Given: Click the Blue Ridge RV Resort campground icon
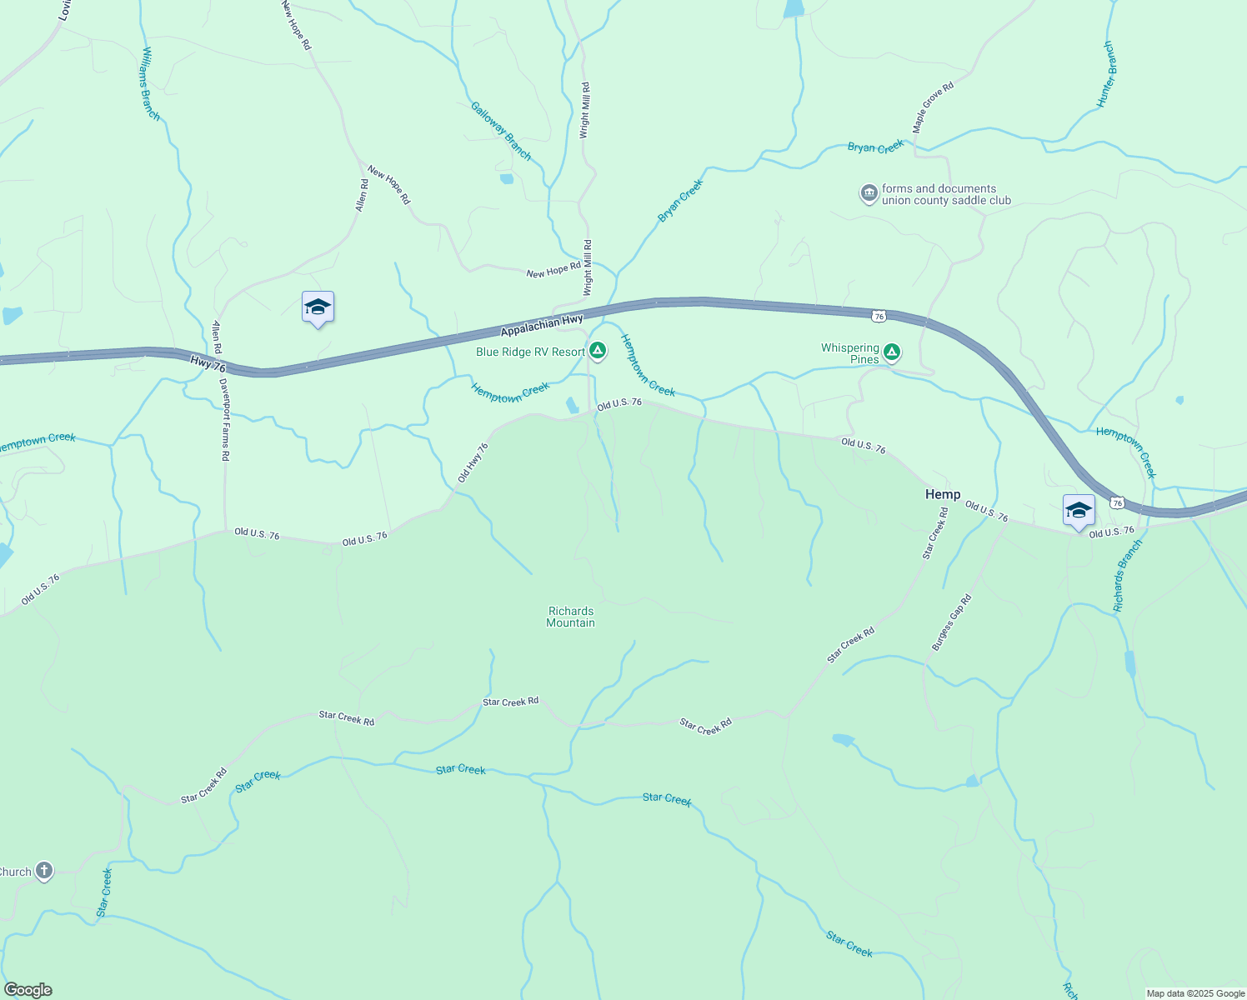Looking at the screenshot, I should pos(598,350).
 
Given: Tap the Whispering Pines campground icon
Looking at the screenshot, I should pos(892,352).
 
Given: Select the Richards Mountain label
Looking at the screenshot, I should pos(571,617).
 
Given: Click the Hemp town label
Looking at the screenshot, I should pos(943,495).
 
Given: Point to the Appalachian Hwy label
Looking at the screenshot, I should pos(542,325).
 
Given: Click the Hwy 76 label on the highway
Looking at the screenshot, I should pos(208,364).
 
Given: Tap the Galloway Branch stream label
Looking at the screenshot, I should pos(500,131).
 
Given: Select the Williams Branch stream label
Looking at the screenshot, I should pos(150,83).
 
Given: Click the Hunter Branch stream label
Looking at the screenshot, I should pos(1106,74).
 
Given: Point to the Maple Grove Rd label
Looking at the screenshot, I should pos(932,107).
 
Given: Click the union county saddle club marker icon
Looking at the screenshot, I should pos(869,194).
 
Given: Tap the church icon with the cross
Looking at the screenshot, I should pos(44,872).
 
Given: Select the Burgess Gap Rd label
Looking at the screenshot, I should pos(952,622).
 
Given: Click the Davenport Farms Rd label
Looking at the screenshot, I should pos(224,420).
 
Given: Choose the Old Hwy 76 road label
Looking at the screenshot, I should pos(473,462).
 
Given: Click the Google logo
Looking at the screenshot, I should pos(28,990).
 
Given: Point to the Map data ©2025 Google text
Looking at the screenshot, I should pos(1195,993).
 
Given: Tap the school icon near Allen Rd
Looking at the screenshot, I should pos(318,307).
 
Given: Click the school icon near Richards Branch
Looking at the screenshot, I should pos(1079,510).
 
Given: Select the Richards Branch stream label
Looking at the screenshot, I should pos(1129,576).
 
